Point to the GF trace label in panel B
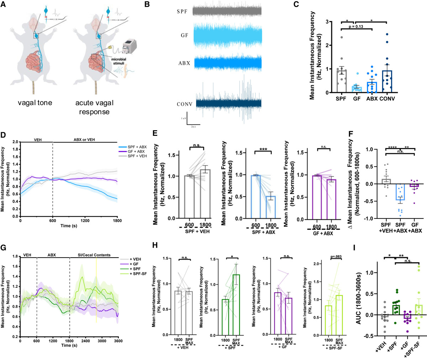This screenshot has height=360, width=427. click(184, 36)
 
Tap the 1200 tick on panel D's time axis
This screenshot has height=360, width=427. click(85, 221)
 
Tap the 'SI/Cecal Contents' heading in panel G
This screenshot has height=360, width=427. click(94, 255)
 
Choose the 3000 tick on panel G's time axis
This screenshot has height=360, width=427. click(102, 341)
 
